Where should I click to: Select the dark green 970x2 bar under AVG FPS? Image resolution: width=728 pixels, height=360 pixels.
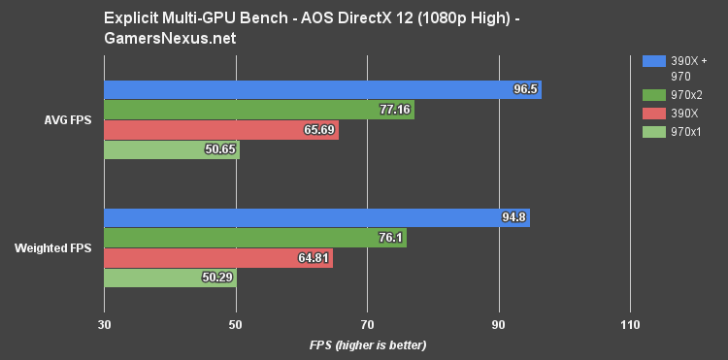click(x=258, y=110)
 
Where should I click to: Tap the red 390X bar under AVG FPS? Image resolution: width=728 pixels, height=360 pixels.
click(x=221, y=130)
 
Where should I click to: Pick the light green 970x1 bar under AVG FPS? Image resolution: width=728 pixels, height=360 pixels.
click(x=171, y=150)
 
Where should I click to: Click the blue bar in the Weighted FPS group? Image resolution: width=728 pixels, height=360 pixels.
click(x=315, y=217)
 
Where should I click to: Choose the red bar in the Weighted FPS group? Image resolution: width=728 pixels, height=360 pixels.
click(x=217, y=258)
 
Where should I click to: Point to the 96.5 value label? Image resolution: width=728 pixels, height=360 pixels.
click(x=525, y=89)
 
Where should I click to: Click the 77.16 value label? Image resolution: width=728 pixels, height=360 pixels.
click(x=394, y=110)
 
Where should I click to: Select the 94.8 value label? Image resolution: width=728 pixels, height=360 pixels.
click(x=513, y=217)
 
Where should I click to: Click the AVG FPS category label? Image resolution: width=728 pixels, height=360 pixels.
click(x=68, y=120)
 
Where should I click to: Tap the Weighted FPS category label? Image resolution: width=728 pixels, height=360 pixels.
click(x=53, y=248)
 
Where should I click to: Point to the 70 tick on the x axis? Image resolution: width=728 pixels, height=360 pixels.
click(x=367, y=324)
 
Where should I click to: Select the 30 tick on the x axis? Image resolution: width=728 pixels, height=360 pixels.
click(x=104, y=324)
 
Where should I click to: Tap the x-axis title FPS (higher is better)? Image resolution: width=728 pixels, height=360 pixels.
click(x=367, y=345)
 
